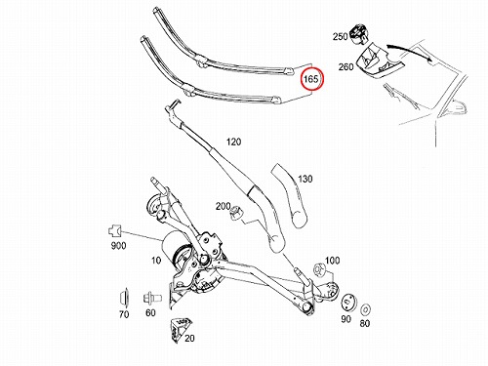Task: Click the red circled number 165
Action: point(311,79)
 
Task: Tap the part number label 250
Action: point(340,36)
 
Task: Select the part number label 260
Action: point(346,66)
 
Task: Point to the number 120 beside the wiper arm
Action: point(233,142)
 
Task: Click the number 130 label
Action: point(305,179)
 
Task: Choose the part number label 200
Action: point(224,206)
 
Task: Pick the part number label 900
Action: point(118,245)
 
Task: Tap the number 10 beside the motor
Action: point(156,261)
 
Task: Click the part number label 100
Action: point(332,261)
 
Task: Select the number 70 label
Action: point(124,314)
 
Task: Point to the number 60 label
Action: point(150,312)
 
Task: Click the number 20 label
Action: point(189,338)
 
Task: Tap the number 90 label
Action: point(346,319)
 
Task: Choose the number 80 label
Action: point(365,323)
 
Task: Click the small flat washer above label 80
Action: point(366,309)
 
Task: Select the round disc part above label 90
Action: point(348,303)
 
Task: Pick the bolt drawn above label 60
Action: point(152,298)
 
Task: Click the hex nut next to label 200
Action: point(235,215)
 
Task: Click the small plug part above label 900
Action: point(114,231)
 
